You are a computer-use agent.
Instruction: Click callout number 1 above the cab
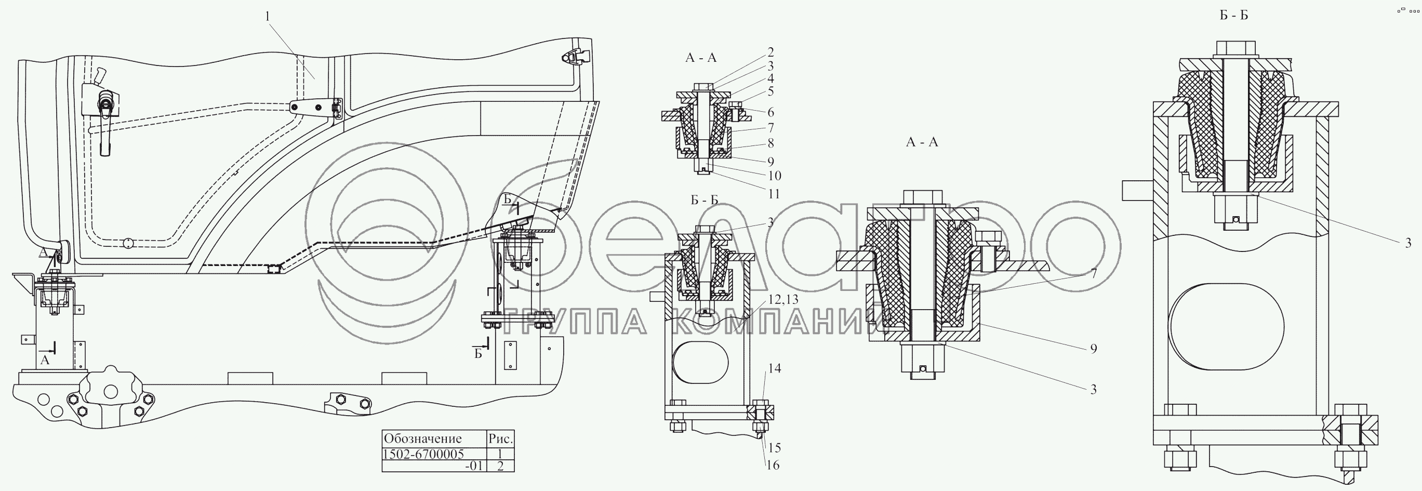click(x=268, y=17)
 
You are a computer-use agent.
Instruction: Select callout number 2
click(x=770, y=52)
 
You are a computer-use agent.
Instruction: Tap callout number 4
click(x=770, y=78)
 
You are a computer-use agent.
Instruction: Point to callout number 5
click(x=770, y=91)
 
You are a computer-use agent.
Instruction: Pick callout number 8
click(x=770, y=143)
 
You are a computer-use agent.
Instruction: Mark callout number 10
click(x=774, y=176)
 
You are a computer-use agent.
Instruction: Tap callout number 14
click(x=775, y=368)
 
